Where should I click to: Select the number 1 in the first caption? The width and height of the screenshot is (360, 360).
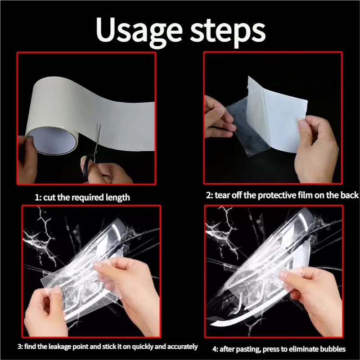click(x=37, y=197)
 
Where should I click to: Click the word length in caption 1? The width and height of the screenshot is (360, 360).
click(x=117, y=197)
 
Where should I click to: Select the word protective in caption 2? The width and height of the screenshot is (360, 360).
click(x=281, y=195)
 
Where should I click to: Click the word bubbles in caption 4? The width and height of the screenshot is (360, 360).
click(x=333, y=349)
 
